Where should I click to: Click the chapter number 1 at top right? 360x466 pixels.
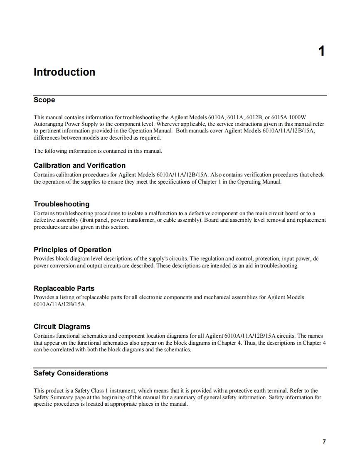tap(321, 52)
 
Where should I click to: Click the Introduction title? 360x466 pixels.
tap(64, 72)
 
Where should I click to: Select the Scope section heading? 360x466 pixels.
tap(44, 100)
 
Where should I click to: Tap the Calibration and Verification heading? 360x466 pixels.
tap(79, 165)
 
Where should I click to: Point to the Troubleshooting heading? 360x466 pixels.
tap(62, 204)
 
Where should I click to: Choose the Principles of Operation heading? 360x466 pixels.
tap(72, 250)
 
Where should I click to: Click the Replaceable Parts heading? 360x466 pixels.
tap(64, 288)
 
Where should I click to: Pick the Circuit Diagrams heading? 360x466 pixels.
tap(62, 326)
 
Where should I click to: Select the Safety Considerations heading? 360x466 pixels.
tap(71, 373)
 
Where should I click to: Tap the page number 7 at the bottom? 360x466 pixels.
tap(324, 441)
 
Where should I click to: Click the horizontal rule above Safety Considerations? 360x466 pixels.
tap(180, 368)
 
